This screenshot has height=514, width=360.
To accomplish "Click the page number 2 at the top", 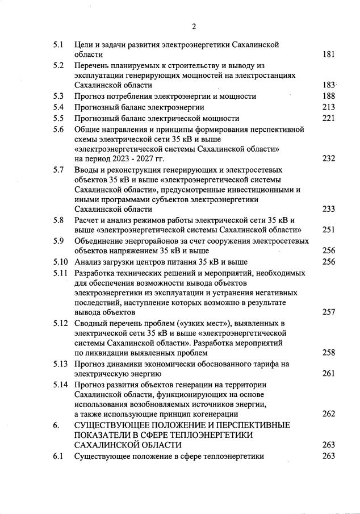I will coord(194,26).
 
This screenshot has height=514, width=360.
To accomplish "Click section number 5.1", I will coord(58,44).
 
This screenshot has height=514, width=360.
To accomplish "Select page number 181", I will coord(328,55).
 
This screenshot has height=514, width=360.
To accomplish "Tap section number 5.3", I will coord(58,96).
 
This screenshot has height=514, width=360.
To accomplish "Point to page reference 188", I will coord(328,96).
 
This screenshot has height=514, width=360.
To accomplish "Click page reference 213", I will coord(328,107).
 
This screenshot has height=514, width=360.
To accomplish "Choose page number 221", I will coord(328,118).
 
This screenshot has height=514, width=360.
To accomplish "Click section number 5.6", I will coord(58,129).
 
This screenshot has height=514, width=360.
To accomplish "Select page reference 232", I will coord(328,159).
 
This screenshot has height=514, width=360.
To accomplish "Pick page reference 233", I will coord(328,209).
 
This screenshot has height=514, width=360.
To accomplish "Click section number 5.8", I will coord(58,220).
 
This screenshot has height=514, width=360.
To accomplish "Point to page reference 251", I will coord(328,230).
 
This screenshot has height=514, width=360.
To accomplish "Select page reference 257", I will coord(328,312).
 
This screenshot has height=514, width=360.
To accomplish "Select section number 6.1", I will coord(58,456).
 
